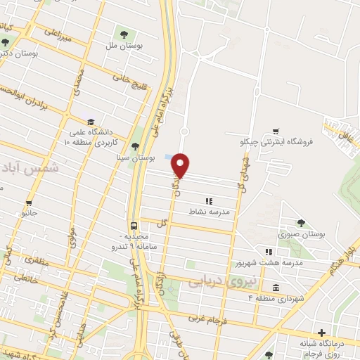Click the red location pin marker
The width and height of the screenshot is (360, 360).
click(181, 165)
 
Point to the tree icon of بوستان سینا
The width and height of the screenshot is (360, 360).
click(135, 146)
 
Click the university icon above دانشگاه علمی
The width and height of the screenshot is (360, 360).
click(90, 121)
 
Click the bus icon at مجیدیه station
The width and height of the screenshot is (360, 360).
click(134, 218)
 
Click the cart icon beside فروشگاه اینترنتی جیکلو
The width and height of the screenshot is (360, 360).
click(276, 131)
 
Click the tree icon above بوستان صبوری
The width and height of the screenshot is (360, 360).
click(301, 223)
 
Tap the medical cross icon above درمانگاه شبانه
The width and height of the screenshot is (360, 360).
click(321, 332)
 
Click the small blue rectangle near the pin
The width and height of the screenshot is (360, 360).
click(166, 157)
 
